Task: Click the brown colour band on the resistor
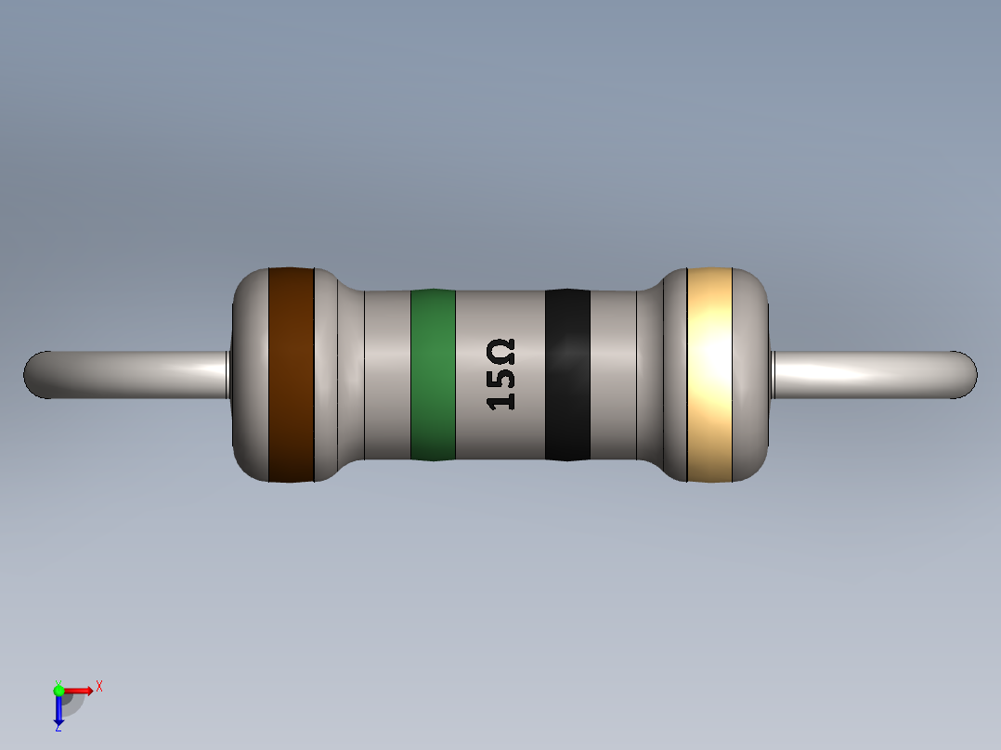(x=291, y=374)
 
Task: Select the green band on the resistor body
(x=433, y=374)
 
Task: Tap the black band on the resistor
(x=567, y=374)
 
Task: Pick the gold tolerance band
(x=710, y=374)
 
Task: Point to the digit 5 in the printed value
(x=500, y=377)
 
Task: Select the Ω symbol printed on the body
(x=500, y=353)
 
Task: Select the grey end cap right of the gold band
(x=752, y=374)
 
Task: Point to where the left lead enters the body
(x=228, y=374)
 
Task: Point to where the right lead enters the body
(x=773, y=374)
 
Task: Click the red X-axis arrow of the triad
(x=79, y=690)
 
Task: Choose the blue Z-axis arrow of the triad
(x=58, y=711)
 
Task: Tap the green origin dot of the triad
(x=58, y=690)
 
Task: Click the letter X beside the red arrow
(x=98, y=687)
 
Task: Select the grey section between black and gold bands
(x=613, y=374)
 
